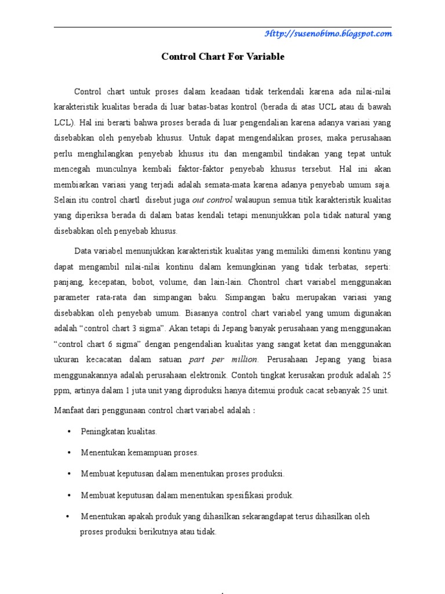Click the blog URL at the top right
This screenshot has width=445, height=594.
[328, 34]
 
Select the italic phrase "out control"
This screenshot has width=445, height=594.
[212, 200]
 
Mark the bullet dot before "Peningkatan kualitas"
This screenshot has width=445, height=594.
[70, 432]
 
